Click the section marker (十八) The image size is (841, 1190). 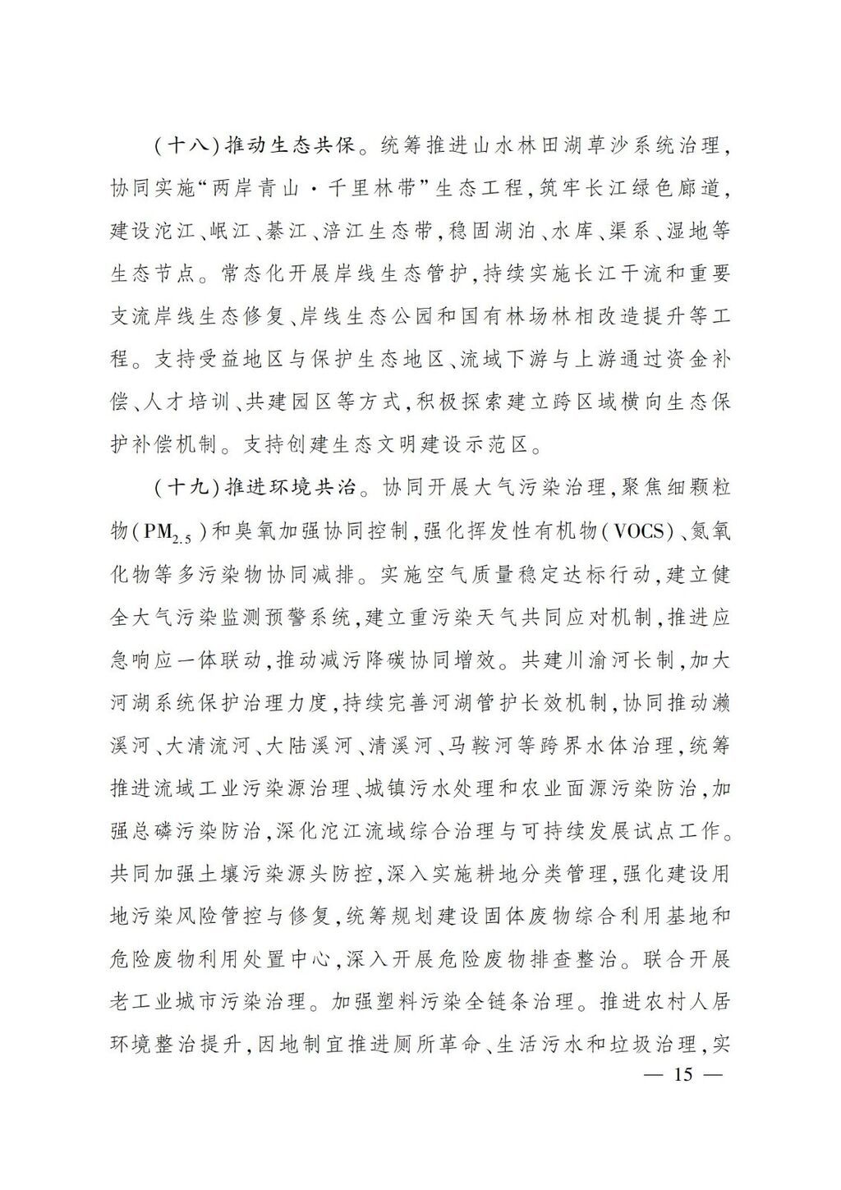click(182, 148)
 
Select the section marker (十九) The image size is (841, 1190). click(182, 488)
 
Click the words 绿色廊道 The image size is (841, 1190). click(673, 188)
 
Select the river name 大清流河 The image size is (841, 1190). click(210, 746)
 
